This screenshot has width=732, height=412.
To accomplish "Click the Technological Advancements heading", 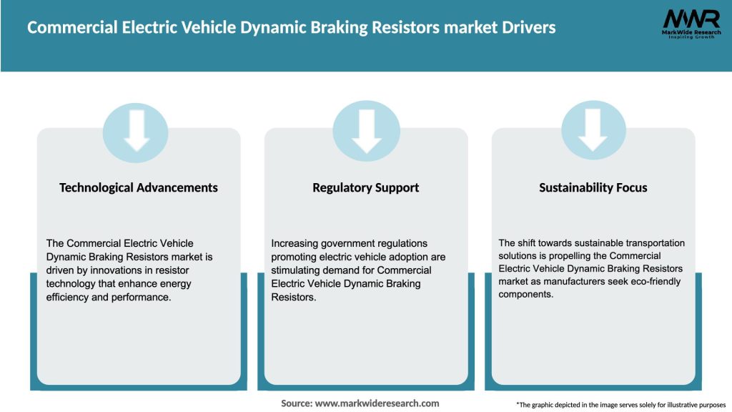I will point(139,187).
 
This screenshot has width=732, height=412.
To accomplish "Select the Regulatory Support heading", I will point(365,187).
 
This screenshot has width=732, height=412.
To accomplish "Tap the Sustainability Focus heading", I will point(593,187).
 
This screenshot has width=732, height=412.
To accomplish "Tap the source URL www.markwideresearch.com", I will point(377,403).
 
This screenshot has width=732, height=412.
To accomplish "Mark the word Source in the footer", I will point(296,403).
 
